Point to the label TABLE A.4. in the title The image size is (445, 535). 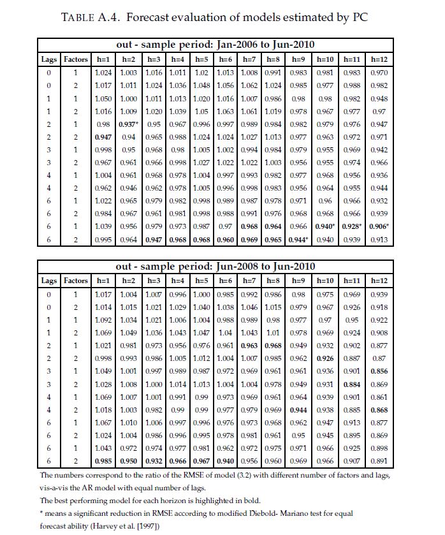coord(89,17)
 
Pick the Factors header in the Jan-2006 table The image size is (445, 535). coord(76,59)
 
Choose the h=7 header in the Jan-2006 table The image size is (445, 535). coord(249,59)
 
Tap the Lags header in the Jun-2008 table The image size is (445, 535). coord(49,281)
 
